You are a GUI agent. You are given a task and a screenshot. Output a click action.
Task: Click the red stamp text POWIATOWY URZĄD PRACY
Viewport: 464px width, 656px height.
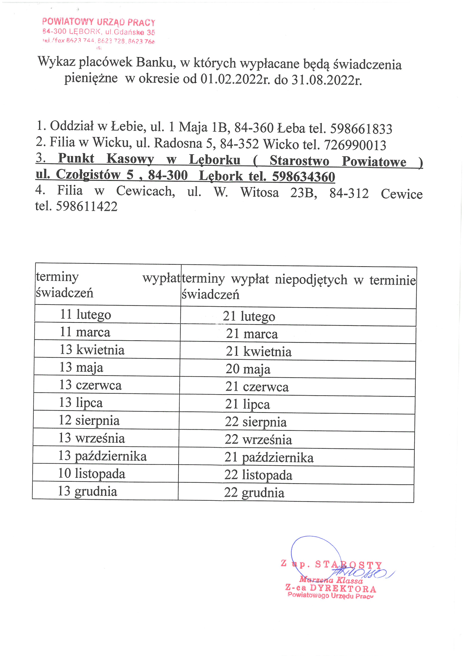click(x=99, y=22)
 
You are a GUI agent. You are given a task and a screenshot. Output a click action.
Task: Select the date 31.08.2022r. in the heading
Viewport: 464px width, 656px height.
click(x=326, y=80)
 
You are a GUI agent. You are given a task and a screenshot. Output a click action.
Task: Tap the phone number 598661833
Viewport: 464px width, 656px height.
click(x=361, y=129)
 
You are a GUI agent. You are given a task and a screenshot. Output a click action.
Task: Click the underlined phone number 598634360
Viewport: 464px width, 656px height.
click(x=303, y=177)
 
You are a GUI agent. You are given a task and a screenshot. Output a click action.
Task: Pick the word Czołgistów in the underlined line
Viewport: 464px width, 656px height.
click(x=88, y=175)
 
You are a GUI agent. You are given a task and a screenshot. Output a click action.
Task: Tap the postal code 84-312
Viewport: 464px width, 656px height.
click(x=349, y=193)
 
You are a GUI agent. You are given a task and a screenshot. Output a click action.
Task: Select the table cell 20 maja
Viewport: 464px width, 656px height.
click(x=248, y=369)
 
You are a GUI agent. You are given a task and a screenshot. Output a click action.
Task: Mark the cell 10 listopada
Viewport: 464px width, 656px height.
click(x=92, y=473)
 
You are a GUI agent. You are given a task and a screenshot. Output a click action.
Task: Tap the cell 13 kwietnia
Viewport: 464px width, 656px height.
click(x=92, y=350)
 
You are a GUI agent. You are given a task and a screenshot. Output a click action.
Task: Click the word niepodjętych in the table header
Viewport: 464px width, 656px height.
click(x=311, y=279)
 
